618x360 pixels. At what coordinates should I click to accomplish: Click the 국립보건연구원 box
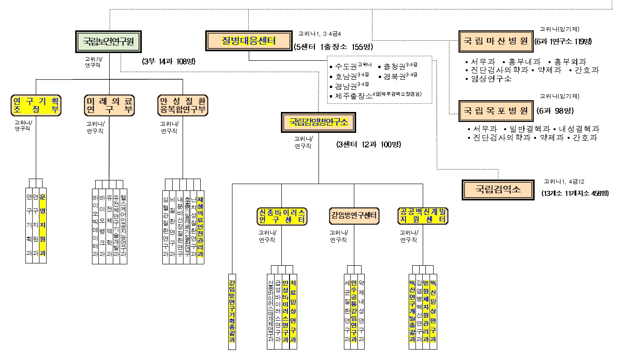click(x=108, y=41)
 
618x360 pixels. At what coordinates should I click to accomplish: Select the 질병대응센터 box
click(x=248, y=41)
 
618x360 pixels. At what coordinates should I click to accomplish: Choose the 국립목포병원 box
click(x=495, y=111)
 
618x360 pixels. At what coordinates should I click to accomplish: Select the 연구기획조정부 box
click(x=36, y=105)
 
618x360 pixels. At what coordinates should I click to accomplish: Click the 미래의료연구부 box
click(x=109, y=105)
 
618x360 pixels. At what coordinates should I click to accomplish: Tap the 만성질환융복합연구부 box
click(x=183, y=105)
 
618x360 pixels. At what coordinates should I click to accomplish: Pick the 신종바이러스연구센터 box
click(x=282, y=216)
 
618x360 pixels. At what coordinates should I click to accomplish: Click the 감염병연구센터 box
click(x=354, y=216)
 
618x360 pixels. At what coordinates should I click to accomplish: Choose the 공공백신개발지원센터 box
click(x=423, y=216)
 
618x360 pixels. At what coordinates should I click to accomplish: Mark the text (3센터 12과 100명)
click(x=369, y=145)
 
